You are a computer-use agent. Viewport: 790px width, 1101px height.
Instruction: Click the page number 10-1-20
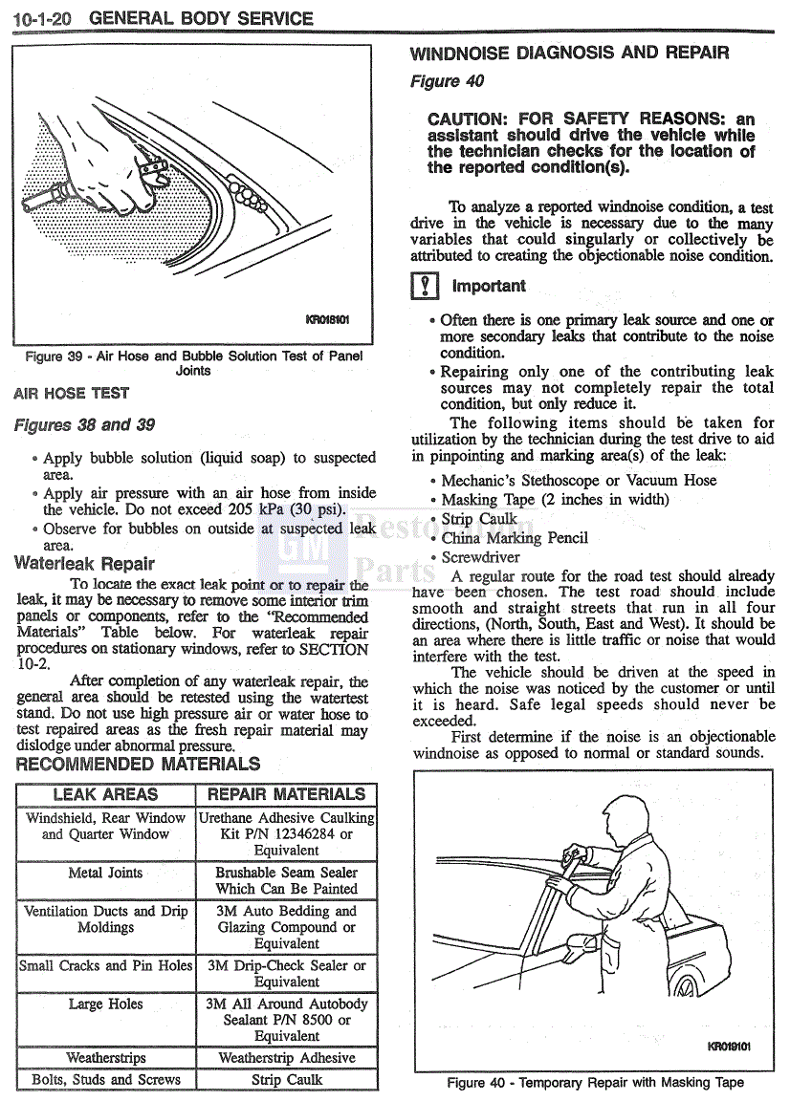pos(44,18)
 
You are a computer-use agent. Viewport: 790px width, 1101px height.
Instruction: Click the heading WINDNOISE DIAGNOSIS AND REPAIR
pos(569,54)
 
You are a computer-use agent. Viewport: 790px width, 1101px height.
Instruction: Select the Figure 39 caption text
pos(193,363)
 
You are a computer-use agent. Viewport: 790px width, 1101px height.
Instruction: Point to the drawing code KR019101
pos(729,1047)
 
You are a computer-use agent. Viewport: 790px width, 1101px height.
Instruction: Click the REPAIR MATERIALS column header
pos(286,794)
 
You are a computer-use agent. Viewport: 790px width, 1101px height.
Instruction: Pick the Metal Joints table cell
pos(105,873)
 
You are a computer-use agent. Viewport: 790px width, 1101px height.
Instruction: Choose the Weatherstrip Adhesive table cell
pos(286,1058)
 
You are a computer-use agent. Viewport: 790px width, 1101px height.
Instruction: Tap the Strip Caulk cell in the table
pos(286,1080)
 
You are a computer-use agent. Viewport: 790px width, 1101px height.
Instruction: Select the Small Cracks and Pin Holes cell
pos(105,965)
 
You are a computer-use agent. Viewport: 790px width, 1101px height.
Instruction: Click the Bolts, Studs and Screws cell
pos(105,1080)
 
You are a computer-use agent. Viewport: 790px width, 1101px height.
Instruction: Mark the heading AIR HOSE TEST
pos(72,393)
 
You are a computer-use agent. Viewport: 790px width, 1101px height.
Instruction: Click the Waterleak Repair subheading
pos(84,564)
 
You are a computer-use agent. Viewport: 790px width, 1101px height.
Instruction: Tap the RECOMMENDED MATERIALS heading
pos(138,764)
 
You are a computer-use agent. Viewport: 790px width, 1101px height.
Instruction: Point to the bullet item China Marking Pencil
pos(515,538)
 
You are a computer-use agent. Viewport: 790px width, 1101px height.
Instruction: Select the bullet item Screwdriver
pos(480,557)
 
